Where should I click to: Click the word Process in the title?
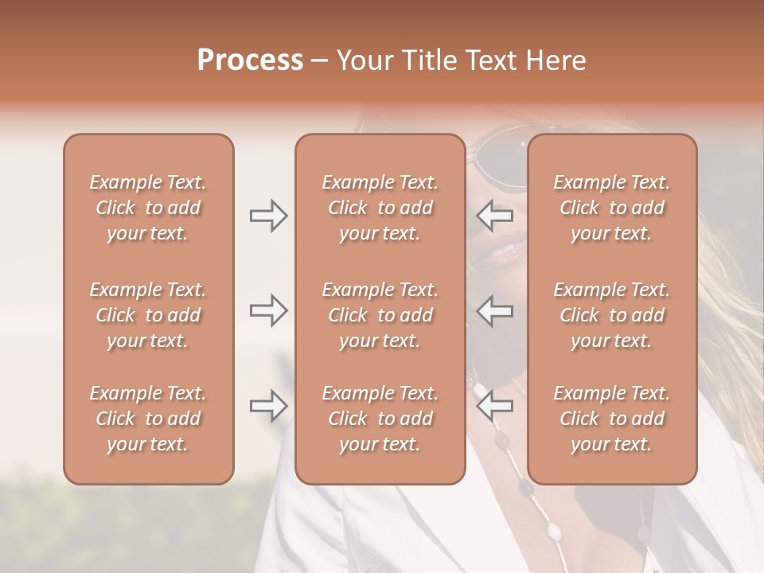coord(250,60)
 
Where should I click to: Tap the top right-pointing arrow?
coord(268,216)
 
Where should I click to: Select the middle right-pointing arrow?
coord(268,310)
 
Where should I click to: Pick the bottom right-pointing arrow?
coord(268,407)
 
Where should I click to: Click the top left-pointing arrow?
coord(495,216)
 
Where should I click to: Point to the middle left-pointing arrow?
coord(495,310)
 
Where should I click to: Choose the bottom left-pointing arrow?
coord(495,407)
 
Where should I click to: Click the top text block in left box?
coord(148,208)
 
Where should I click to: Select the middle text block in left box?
coord(148,315)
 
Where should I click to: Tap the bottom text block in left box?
coord(148,419)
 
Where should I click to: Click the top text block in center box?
coord(380,208)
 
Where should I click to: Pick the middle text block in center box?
coord(380,315)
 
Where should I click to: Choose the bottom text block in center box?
coord(380,419)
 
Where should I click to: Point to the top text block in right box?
coord(611,208)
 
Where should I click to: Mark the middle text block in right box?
coord(611,315)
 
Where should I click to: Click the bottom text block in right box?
coord(611,419)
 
